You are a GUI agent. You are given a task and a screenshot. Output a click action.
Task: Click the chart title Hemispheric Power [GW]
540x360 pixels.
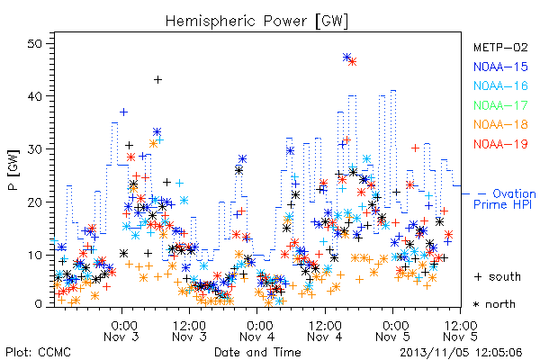[256, 22]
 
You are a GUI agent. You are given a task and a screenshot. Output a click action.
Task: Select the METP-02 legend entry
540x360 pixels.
[500, 47]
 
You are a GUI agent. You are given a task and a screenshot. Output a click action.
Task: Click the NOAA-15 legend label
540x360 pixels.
[500, 67]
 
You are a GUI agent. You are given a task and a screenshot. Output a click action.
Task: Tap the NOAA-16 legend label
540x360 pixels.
[500, 85]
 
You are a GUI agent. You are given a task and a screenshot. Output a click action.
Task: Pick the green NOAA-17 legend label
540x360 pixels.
[500, 105]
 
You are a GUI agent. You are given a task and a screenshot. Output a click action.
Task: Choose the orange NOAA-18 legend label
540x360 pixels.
[500, 124]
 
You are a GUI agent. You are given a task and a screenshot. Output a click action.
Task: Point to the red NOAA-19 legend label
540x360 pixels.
[500, 144]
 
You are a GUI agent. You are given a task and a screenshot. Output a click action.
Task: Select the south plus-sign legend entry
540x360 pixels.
[498, 276]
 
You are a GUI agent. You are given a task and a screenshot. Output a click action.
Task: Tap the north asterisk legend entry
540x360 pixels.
[494, 304]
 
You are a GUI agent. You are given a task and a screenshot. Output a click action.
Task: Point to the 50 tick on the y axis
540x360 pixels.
[35, 44]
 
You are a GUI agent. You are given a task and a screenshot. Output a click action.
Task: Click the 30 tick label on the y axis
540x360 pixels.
[35, 149]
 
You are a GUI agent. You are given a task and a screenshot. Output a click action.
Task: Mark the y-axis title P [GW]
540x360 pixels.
[13, 170]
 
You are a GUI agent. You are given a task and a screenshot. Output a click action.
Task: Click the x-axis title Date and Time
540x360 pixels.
[257, 352]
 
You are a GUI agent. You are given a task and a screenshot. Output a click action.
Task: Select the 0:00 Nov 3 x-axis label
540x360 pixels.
[121, 331]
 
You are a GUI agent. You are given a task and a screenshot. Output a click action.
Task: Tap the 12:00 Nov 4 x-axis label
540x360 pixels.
[325, 331]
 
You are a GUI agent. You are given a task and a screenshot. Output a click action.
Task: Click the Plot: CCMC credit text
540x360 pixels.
[38, 352]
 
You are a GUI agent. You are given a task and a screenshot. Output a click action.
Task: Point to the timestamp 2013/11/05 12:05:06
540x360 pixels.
[461, 353]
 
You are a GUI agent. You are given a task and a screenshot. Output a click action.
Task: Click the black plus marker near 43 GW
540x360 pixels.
[157, 80]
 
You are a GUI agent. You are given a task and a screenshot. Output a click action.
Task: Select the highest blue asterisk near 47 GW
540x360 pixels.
[346, 58]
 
